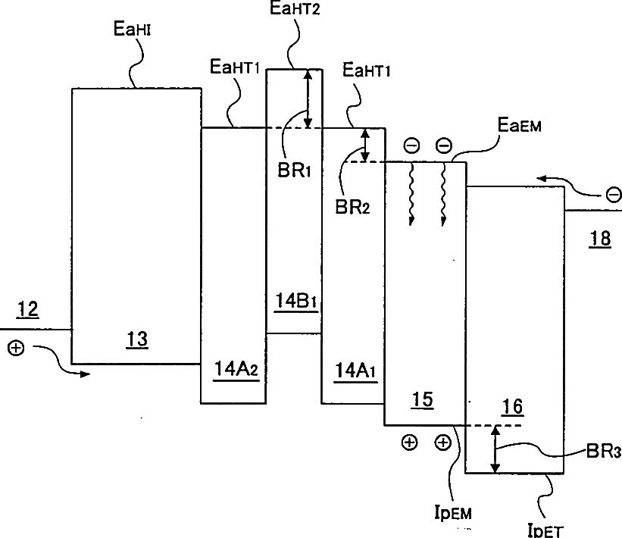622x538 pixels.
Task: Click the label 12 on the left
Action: click(x=28, y=310)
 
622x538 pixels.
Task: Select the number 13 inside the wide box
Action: click(x=137, y=340)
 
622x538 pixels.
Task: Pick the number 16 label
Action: click(x=513, y=407)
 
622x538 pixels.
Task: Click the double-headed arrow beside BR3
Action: click(x=495, y=449)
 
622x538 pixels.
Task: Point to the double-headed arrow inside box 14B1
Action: click(x=307, y=99)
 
